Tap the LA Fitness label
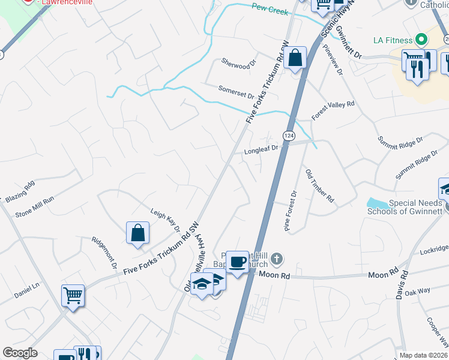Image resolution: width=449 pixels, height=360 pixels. tap(394, 41)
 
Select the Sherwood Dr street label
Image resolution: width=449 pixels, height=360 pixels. tap(239, 63)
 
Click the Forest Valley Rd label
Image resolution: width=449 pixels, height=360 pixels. tap(333, 110)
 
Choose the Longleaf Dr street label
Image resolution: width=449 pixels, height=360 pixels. tap(262, 151)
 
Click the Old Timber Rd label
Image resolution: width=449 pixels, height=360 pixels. tap(319, 185)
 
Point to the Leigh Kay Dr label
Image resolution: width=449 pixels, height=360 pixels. tap(166, 220)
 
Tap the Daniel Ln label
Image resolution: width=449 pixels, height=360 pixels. tap(26, 295)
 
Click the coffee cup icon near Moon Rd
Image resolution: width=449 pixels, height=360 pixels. tap(238, 262)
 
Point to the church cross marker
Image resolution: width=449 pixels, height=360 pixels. tap(276, 259)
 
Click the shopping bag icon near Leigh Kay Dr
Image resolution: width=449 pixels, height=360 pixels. tap(137, 232)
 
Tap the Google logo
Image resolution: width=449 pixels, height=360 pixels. tap(20, 353)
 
